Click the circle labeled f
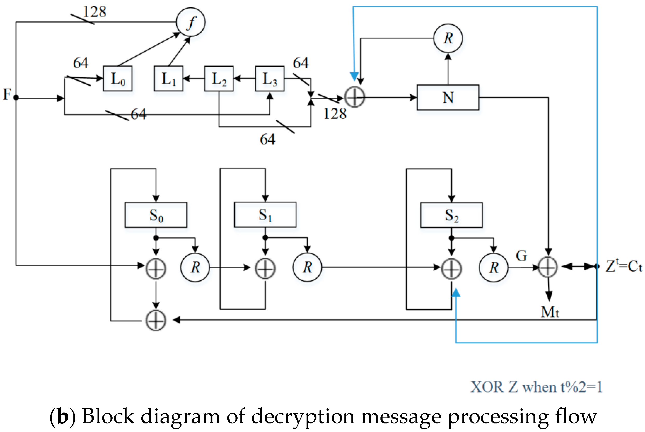coord(191,22)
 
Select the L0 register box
coord(117,79)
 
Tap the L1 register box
coord(168,79)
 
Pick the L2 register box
coord(219,79)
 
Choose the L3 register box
coord(270,79)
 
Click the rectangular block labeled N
coord(448,97)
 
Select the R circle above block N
coord(448,38)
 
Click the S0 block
coord(156,215)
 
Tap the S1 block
coord(265,215)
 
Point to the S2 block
coord(451,215)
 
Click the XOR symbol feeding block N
coord(355,97)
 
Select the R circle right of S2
coord(494,267)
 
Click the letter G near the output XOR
coord(521,256)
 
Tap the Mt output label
coord(550,312)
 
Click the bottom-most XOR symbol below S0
coord(156,320)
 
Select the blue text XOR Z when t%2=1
coord(536,387)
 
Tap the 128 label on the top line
coord(94,12)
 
